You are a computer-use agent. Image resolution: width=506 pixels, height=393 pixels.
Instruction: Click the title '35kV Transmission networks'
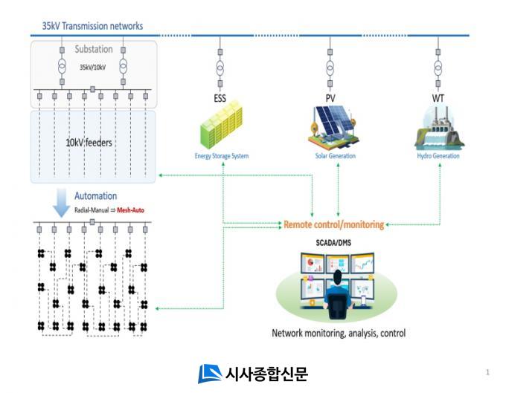tap(92, 26)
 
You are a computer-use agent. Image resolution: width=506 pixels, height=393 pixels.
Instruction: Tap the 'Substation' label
tap(94, 50)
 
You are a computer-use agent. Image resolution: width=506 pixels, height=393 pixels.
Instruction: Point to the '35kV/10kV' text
tap(94, 66)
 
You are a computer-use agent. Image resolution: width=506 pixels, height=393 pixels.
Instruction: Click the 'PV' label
tap(330, 98)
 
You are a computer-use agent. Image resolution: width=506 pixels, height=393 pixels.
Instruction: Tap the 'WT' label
tap(438, 98)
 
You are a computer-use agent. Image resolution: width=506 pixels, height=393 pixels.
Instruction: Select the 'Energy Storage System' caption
tap(221, 156)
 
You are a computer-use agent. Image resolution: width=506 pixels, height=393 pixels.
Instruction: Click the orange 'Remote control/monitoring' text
tap(333, 224)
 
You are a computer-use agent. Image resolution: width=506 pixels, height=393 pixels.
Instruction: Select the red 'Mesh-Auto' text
tap(130, 210)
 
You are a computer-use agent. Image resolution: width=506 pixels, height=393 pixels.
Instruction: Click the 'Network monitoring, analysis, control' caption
tap(339, 333)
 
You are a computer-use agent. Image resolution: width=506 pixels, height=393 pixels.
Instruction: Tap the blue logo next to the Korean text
tap(209, 373)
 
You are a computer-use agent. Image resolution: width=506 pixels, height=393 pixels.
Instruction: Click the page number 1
tap(487, 371)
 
